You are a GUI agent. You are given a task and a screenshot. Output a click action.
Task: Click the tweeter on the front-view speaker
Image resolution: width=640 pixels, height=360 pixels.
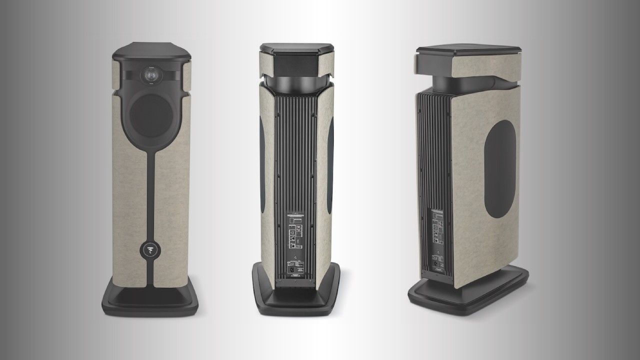[150, 75]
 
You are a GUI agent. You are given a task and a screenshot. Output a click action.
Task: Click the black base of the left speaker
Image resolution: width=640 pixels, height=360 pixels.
[150, 300]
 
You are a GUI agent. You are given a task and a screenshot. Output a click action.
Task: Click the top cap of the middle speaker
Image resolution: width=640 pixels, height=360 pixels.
[296, 48]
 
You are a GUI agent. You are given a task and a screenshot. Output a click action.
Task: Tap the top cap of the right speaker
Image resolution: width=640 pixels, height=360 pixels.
[468, 50]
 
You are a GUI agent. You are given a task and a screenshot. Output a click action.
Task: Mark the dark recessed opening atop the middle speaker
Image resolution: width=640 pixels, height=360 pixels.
[296, 62]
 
